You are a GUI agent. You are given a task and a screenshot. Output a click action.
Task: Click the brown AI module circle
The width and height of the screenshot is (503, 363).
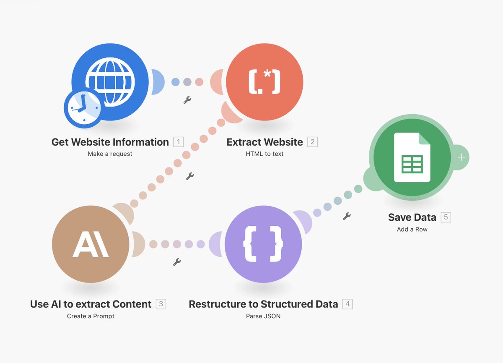point(91,244)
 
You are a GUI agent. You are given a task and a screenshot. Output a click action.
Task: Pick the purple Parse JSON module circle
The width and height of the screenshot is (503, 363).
point(263,244)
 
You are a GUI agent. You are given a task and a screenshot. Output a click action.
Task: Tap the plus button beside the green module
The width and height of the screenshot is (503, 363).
point(462,157)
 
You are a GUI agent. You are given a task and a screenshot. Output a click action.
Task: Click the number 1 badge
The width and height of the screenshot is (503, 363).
point(178,142)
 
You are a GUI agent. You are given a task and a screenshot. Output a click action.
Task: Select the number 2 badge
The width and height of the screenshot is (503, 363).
point(312,142)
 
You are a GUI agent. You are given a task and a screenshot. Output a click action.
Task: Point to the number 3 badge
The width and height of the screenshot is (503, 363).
point(161,304)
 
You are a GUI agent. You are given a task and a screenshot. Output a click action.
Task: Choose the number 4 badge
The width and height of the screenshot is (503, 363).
point(347,304)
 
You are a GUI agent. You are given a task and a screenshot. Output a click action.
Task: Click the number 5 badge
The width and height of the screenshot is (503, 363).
point(446,217)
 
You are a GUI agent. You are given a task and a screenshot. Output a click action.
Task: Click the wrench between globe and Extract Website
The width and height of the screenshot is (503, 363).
point(187,100)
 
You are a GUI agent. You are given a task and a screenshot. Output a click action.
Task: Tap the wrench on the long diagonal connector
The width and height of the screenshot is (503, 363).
point(189,176)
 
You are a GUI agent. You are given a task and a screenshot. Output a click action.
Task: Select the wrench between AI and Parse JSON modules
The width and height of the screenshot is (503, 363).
point(177,262)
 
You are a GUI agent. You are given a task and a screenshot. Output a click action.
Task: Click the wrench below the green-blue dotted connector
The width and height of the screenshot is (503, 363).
point(347,217)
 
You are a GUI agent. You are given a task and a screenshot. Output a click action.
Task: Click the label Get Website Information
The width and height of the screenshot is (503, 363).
point(110,142)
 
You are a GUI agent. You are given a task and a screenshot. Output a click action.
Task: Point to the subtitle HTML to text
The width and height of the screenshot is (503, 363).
point(264,154)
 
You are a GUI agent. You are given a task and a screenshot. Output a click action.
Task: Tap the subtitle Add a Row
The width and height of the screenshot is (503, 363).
point(412,229)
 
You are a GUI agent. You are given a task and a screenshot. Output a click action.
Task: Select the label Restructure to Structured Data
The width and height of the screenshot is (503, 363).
point(263,304)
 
